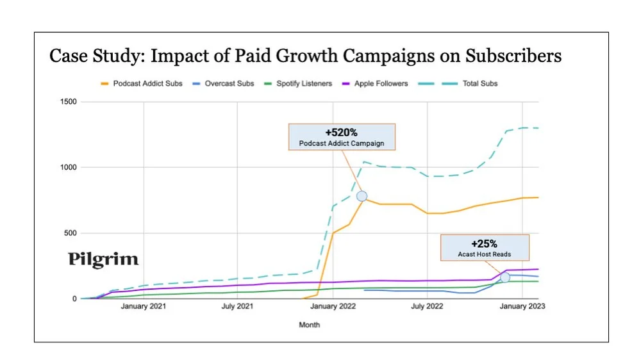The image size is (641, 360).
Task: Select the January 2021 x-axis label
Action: pyautogui.click(x=143, y=307)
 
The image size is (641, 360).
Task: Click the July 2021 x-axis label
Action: pyautogui.click(x=238, y=307)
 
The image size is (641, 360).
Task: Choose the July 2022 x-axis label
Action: pyautogui.click(x=426, y=307)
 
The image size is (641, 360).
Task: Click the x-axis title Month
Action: pyautogui.click(x=309, y=325)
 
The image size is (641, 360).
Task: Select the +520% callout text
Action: pyautogui.click(x=342, y=132)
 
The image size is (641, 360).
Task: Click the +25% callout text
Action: pyautogui.click(x=484, y=243)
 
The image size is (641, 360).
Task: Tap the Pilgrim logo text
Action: pyautogui.click(x=103, y=259)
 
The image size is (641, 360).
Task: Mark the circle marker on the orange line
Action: pyautogui.click(x=362, y=196)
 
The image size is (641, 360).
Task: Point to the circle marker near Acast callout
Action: pyautogui.click(x=505, y=277)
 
